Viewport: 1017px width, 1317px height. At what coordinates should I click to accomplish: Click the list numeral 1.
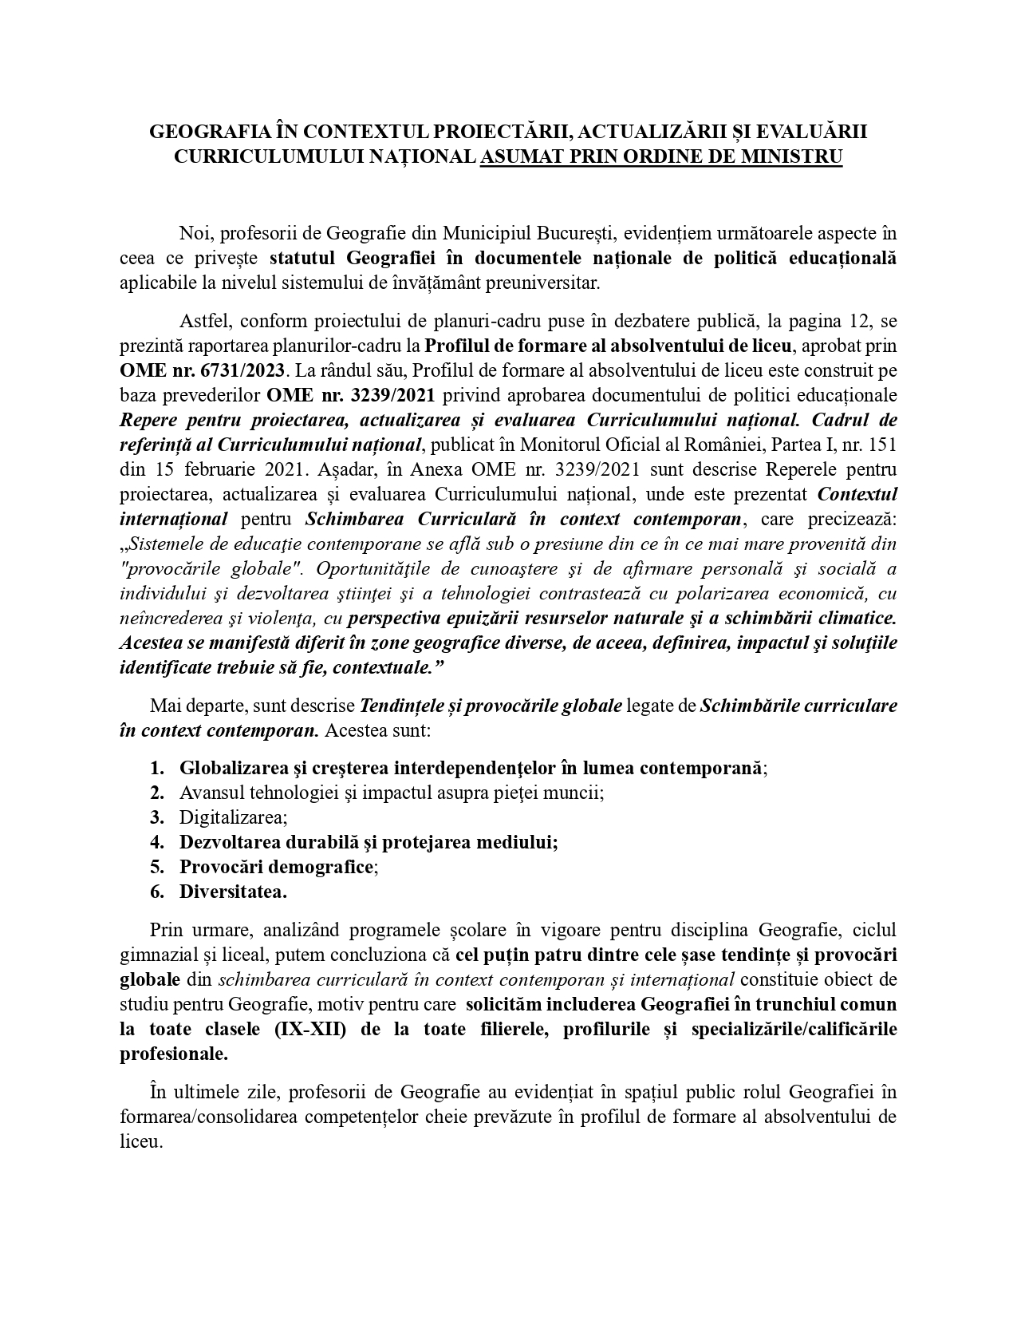[156, 768]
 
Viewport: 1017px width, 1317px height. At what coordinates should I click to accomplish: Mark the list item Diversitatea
[233, 892]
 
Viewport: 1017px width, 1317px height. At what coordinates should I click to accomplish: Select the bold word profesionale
[173, 1054]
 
